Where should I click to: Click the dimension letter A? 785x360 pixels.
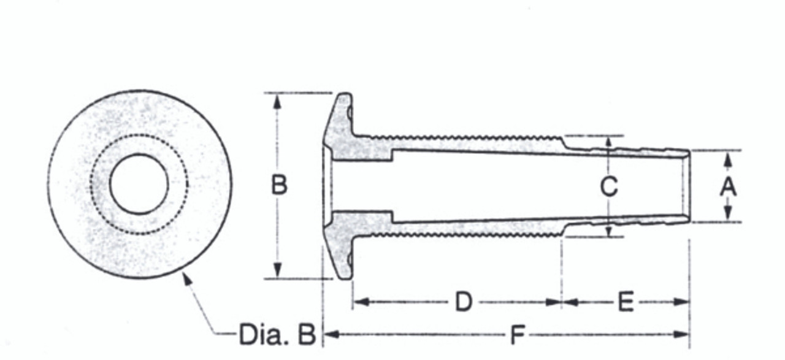click(727, 186)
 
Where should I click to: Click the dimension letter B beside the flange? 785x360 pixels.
click(279, 185)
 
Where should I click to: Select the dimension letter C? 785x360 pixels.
click(608, 186)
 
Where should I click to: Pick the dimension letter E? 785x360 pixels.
click(625, 302)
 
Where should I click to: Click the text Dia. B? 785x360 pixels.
click(277, 335)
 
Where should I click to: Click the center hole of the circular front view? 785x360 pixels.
click(139, 184)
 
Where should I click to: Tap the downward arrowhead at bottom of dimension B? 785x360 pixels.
click(278, 270)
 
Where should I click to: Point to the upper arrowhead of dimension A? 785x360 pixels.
click(727, 158)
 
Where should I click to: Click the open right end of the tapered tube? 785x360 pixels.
click(687, 186)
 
